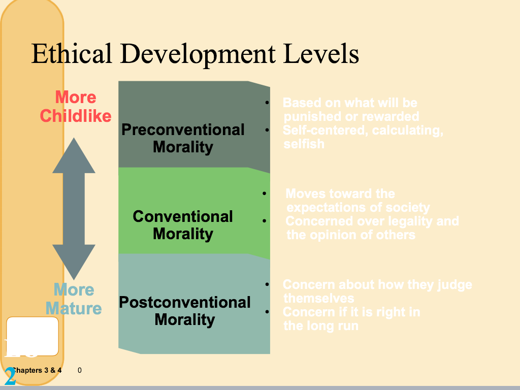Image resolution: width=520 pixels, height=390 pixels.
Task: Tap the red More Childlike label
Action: (x=75, y=106)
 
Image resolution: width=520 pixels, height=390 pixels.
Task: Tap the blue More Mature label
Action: (x=74, y=299)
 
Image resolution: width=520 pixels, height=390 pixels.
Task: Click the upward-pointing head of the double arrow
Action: (x=74, y=155)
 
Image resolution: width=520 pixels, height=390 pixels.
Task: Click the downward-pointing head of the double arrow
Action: (x=74, y=262)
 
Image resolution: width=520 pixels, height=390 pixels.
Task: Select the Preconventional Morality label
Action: (x=183, y=138)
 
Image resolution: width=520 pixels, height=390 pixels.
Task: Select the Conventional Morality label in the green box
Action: (x=183, y=225)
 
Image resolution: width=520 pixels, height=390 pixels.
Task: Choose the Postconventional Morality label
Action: (x=184, y=311)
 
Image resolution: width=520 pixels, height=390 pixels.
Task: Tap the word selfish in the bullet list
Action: (x=304, y=144)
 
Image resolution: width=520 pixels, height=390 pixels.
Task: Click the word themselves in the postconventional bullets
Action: (x=318, y=298)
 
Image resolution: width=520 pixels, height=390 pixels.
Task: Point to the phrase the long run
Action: (x=321, y=326)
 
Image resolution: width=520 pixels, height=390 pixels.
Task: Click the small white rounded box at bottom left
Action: (x=32, y=336)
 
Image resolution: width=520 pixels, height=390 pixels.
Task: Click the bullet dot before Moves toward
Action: (x=264, y=194)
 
